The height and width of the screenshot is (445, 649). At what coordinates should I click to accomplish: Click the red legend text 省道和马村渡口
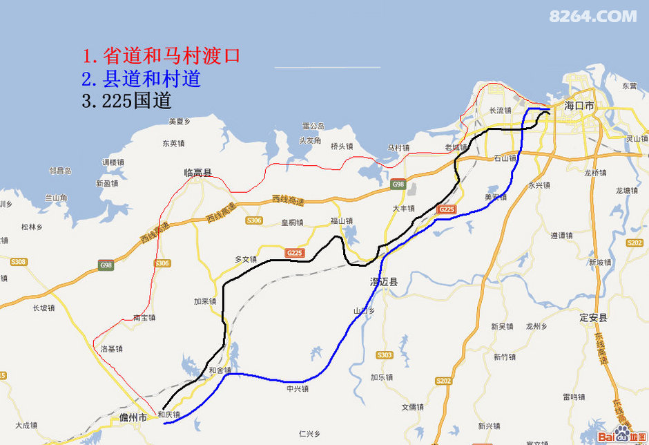click(x=161, y=56)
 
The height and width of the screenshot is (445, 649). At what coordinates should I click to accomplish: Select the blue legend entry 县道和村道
click(x=141, y=79)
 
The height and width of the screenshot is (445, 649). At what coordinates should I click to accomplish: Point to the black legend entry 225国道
click(x=126, y=101)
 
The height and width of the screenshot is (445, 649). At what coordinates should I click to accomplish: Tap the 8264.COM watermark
click(x=592, y=16)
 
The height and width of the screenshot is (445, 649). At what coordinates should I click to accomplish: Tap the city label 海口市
click(x=579, y=106)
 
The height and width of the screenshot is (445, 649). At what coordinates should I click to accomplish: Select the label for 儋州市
click(x=133, y=418)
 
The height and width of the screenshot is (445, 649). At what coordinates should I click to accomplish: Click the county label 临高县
click(x=197, y=173)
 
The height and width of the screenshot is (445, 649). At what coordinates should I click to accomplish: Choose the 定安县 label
click(x=593, y=318)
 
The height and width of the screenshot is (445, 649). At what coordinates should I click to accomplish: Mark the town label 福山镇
click(x=341, y=221)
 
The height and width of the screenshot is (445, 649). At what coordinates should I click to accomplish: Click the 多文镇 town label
click(x=246, y=259)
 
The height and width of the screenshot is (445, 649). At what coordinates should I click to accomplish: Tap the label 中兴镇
click(x=298, y=389)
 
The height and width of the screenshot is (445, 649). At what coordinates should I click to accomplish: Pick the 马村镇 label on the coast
click(x=398, y=148)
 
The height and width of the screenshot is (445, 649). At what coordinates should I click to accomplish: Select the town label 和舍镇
click(x=220, y=370)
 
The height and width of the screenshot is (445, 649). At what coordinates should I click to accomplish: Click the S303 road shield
click(x=384, y=355)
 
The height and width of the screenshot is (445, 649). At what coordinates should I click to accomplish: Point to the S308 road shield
click(x=18, y=262)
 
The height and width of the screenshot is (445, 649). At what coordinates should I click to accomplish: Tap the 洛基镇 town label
click(x=111, y=349)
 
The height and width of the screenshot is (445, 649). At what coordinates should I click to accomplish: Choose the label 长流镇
click(x=500, y=111)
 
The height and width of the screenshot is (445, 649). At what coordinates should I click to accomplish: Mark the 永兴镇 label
click(x=539, y=185)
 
